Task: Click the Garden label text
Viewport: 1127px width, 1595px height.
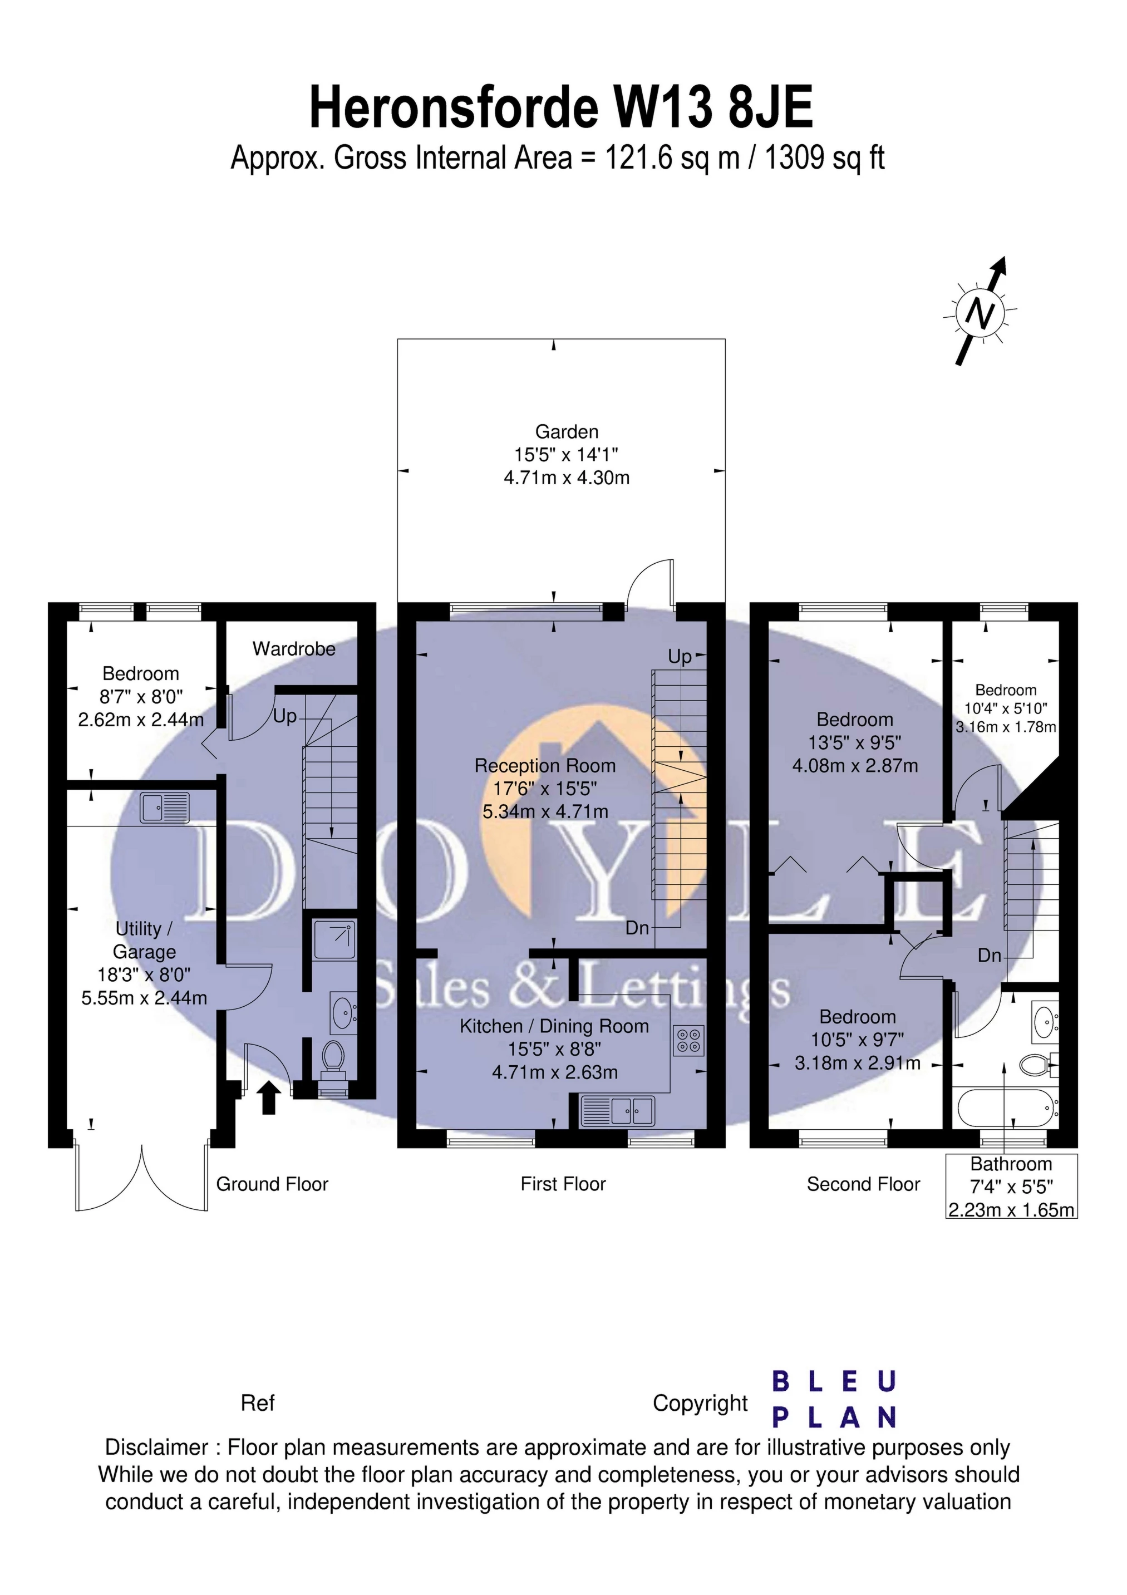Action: (x=566, y=431)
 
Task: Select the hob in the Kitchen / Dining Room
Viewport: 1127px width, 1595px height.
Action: (x=689, y=1040)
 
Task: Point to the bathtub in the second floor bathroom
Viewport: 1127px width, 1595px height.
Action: (x=1006, y=1109)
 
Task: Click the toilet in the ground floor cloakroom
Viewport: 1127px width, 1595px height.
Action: (x=333, y=1058)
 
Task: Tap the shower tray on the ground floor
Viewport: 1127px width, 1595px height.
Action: (x=333, y=939)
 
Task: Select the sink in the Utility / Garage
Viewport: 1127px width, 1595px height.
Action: (x=165, y=808)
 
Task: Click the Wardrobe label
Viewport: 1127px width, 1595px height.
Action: (x=293, y=649)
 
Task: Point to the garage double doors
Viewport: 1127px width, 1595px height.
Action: (x=142, y=1178)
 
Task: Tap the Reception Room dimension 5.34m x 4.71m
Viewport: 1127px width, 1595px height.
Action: (x=545, y=811)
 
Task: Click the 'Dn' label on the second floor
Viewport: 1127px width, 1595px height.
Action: (x=990, y=956)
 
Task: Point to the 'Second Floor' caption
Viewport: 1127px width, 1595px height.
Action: (x=863, y=1184)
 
